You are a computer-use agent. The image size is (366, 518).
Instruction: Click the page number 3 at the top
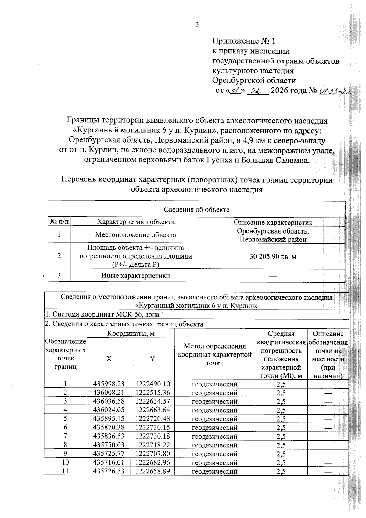(x=197, y=25)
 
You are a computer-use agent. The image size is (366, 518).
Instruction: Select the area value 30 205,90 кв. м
(x=273, y=257)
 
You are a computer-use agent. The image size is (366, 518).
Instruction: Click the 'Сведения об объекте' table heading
(x=197, y=209)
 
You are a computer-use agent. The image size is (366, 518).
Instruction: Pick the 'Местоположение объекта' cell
(x=136, y=235)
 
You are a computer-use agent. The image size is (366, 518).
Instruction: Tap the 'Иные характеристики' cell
(x=136, y=276)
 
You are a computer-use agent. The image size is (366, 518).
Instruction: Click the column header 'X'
(x=109, y=359)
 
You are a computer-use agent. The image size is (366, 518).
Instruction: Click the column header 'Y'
(x=152, y=359)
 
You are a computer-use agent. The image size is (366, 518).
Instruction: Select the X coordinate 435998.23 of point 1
(x=109, y=384)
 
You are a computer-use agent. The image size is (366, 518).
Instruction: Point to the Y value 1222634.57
(x=152, y=401)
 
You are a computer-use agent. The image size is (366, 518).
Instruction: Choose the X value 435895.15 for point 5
(x=109, y=419)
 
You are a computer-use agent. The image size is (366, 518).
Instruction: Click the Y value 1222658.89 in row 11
(x=152, y=471)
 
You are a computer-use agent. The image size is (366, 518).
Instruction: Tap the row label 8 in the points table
(x=65, y=445)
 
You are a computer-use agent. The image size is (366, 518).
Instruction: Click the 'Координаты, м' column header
(x=131, y=334)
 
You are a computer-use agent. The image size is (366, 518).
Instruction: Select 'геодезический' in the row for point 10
(x=214, y=462)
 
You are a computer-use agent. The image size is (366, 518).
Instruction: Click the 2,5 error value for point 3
(x=281, y=401)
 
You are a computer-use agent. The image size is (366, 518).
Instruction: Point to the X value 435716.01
(x=109, y=462)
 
